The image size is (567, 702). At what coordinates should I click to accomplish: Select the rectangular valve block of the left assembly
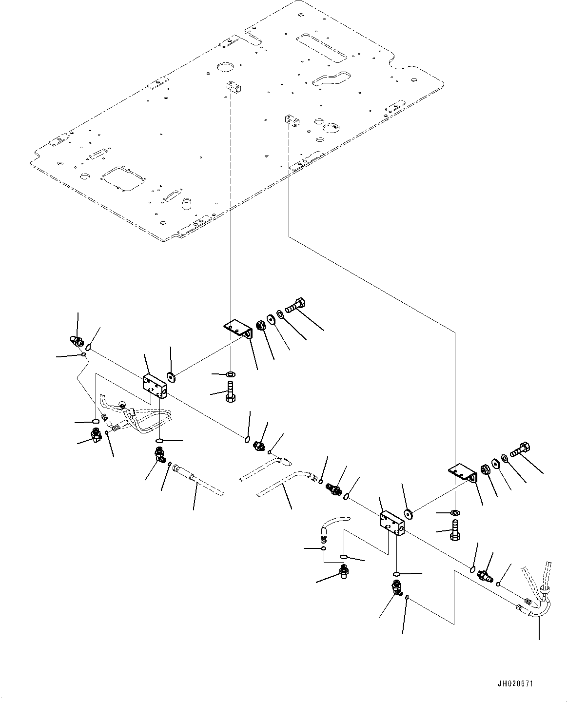[155, 387]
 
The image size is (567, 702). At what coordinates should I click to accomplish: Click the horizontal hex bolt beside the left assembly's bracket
[295, 305]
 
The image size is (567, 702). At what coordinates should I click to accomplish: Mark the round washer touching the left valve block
[171, 377]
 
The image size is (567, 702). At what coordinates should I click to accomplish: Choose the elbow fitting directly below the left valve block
[160, 454]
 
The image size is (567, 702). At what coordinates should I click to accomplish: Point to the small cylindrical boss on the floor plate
[187, 203]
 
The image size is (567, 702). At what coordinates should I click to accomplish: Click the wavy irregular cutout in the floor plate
[333, 78]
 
